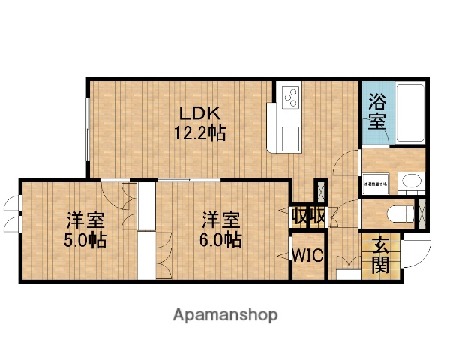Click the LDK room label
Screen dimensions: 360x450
click(199, 114)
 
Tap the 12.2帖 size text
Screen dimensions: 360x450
click(199, 135)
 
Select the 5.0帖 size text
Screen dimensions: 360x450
click(85, 241)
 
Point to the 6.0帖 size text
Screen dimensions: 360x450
click(221, 241)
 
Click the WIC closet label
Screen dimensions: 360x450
click(307, 255)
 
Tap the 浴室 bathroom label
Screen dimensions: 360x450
click(377, 110)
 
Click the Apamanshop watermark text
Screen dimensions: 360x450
click(225, 315)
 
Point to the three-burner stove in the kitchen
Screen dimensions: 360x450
click(290, 96)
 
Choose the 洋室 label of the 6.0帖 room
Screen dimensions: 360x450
click(221, 220)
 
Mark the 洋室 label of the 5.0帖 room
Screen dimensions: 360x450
click(85, 220)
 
